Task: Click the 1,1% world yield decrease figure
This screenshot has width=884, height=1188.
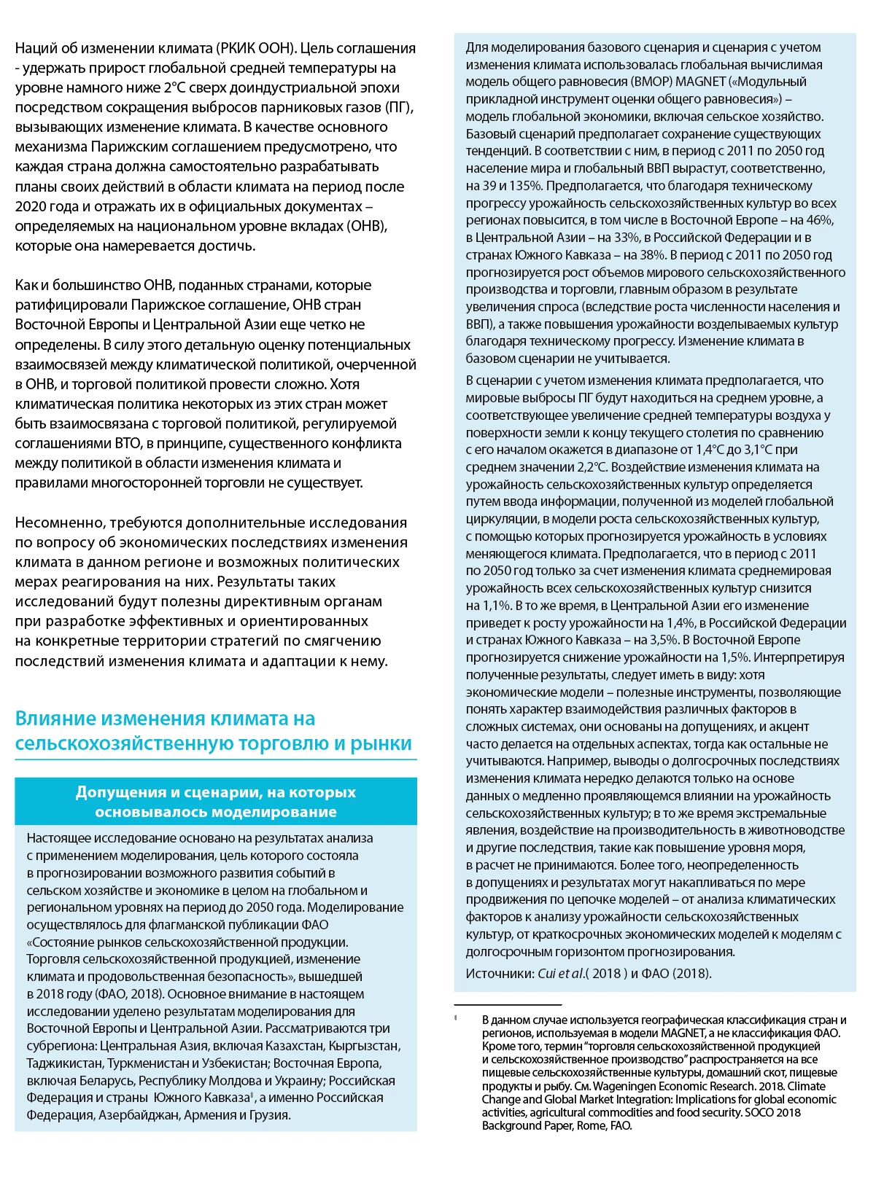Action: pos(497,606)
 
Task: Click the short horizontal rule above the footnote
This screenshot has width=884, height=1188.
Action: pos(508,1005)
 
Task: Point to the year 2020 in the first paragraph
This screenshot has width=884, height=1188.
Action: pos(31,206)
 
